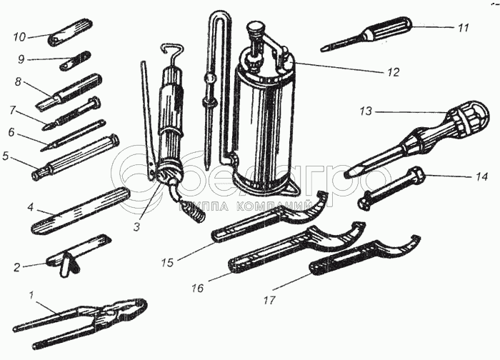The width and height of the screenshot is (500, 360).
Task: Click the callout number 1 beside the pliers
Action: click(31, 295)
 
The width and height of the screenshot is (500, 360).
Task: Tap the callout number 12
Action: click(393, 72)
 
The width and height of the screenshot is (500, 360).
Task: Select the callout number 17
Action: click(269, 300)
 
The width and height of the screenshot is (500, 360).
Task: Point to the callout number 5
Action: click(5, 156)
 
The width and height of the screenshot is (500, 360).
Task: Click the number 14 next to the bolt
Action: click(481, 176)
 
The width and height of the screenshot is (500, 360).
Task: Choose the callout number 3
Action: click(137, 226)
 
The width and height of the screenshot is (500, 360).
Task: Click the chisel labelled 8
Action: click(69, 92)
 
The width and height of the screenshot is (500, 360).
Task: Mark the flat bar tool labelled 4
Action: click(81, 211)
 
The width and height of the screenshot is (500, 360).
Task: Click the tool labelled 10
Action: click(71, 33)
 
